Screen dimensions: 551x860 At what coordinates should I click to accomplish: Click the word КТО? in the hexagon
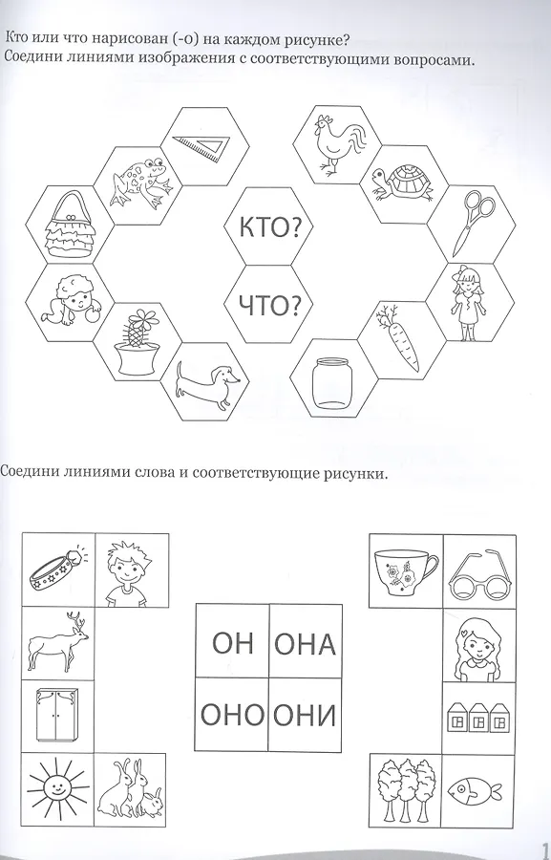tap(269, 227)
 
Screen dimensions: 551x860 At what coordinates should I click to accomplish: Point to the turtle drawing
tap(401, 184)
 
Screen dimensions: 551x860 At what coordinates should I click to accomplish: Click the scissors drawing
tap(473, 222)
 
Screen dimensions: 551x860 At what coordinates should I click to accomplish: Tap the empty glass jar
tap(330, 382)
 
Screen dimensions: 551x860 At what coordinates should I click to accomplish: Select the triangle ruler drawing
tap(202, 142)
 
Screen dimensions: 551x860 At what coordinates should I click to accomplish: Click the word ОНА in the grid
tap(305, 644)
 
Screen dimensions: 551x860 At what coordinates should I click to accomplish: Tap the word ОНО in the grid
tap(231, 715)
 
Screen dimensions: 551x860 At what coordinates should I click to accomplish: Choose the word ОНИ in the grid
tap(305, 715)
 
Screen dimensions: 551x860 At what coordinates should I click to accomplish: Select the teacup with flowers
tap(405, 571)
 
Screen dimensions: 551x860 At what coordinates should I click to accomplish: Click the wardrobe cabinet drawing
tap(57, 715)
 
